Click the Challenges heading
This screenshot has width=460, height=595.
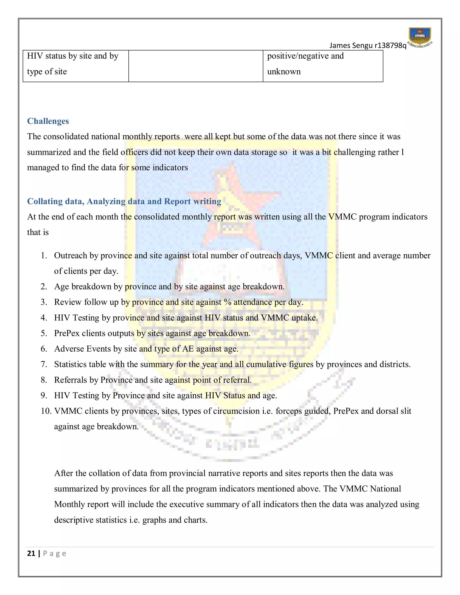[x=48, y=121]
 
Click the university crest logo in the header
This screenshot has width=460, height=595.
[x=420, y=37]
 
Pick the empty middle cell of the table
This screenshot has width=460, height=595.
[x=195, y=66]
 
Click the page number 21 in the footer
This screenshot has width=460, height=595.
[x=31, y=553]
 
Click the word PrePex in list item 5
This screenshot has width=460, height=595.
[x=67, y=333]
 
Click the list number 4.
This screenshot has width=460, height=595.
[x=44, y=318]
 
